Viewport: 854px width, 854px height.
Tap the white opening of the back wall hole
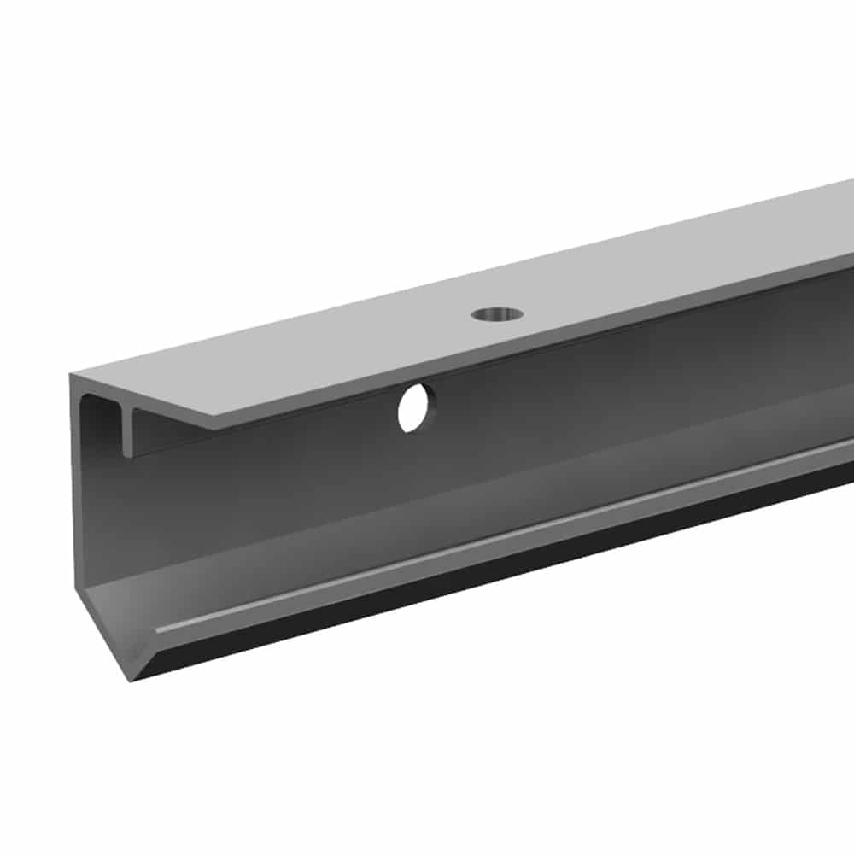click(x=412, y=408)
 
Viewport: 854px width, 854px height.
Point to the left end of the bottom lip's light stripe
click(x=159, y=630)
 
